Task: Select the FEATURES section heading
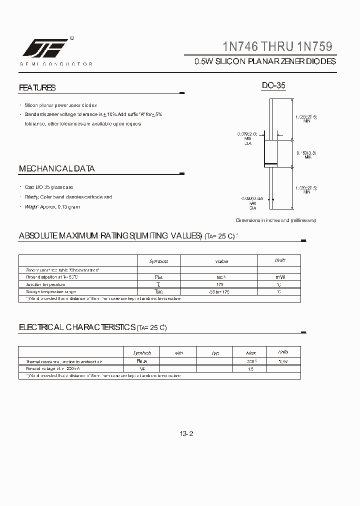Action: tap(37, 87)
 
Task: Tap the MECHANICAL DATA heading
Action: tap(56, 168)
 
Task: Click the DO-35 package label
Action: tap(273, 86)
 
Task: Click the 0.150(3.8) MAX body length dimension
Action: tap(306, 154)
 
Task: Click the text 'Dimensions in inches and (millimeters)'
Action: tap(275, 220)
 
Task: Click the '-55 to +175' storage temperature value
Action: tap(218, 291)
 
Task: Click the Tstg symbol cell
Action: tap(158, 291)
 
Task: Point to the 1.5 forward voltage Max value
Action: tap(251, 368)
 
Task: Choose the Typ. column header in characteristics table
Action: tap(215, 352)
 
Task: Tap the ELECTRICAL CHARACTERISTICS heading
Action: tap(92, 327)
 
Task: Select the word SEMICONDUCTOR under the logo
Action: tap(56, 64)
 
